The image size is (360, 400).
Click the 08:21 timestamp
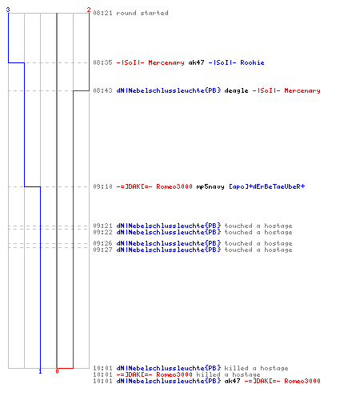pos(102,13)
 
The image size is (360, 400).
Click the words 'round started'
pos(142,13)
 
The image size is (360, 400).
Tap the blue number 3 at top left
pos(8,10)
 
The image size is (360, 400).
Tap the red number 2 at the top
pos(89,10)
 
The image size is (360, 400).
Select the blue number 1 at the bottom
pos(40,371)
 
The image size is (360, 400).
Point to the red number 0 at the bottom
pos(57,371)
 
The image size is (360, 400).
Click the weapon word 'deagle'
pos(236,91)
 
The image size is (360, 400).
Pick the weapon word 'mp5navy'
pos(210,186)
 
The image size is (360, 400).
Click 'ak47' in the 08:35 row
pos(196,62)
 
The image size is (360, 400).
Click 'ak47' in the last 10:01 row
pos(232,381)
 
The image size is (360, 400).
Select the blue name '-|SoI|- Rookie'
pos(236,62)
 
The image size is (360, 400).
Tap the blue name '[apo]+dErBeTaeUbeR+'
pos(266,186)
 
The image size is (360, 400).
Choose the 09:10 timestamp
pos(102,186)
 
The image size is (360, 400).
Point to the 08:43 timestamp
pos(102,91)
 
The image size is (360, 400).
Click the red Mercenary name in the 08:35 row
pos(150,62)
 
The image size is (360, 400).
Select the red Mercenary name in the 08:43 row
pos(286,91)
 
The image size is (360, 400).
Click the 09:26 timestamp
pos(102,243)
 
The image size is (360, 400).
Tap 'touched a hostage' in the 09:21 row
pos(258,226)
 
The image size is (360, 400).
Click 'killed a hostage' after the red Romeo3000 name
pos(228,374)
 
